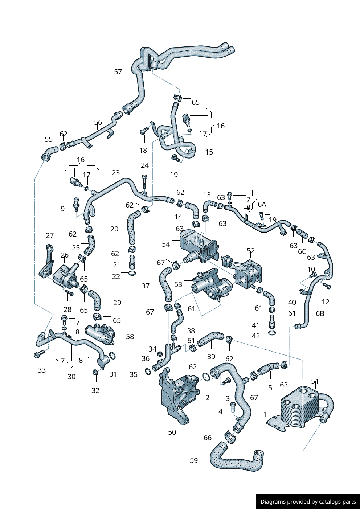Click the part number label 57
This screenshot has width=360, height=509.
tap(118, 72)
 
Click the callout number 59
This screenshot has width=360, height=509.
tap(194, 460)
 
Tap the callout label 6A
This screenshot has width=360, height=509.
tap(262, 204)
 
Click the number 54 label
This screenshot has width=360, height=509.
tap(166, 244)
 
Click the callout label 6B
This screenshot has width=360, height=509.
tap(320, 313)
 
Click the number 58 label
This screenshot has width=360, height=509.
tap(130, 337)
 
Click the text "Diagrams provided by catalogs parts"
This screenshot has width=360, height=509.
tap(308, 502)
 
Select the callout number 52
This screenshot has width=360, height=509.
tap(251, 251)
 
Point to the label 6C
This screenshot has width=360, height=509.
tap(302, 251)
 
